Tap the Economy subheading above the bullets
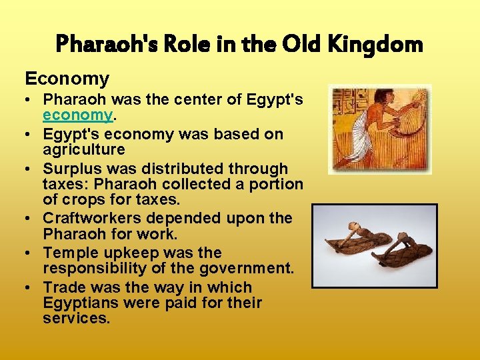point(67,79)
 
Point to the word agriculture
point(84,149)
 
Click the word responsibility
point(99,269)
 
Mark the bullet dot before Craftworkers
point(31,219)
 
